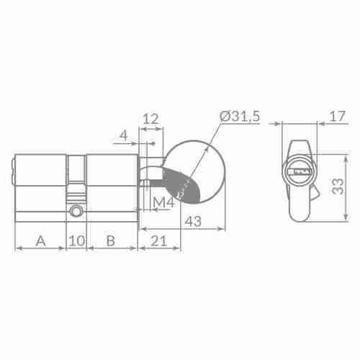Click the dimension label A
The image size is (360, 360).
point(40,240)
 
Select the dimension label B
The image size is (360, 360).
point(111,240)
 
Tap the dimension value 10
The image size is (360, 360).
point(76,240)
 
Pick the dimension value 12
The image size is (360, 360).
point(150,118)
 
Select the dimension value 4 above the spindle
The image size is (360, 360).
point(123,134)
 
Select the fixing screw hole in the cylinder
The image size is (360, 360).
point(76,212)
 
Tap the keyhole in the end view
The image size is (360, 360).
point(298,172)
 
